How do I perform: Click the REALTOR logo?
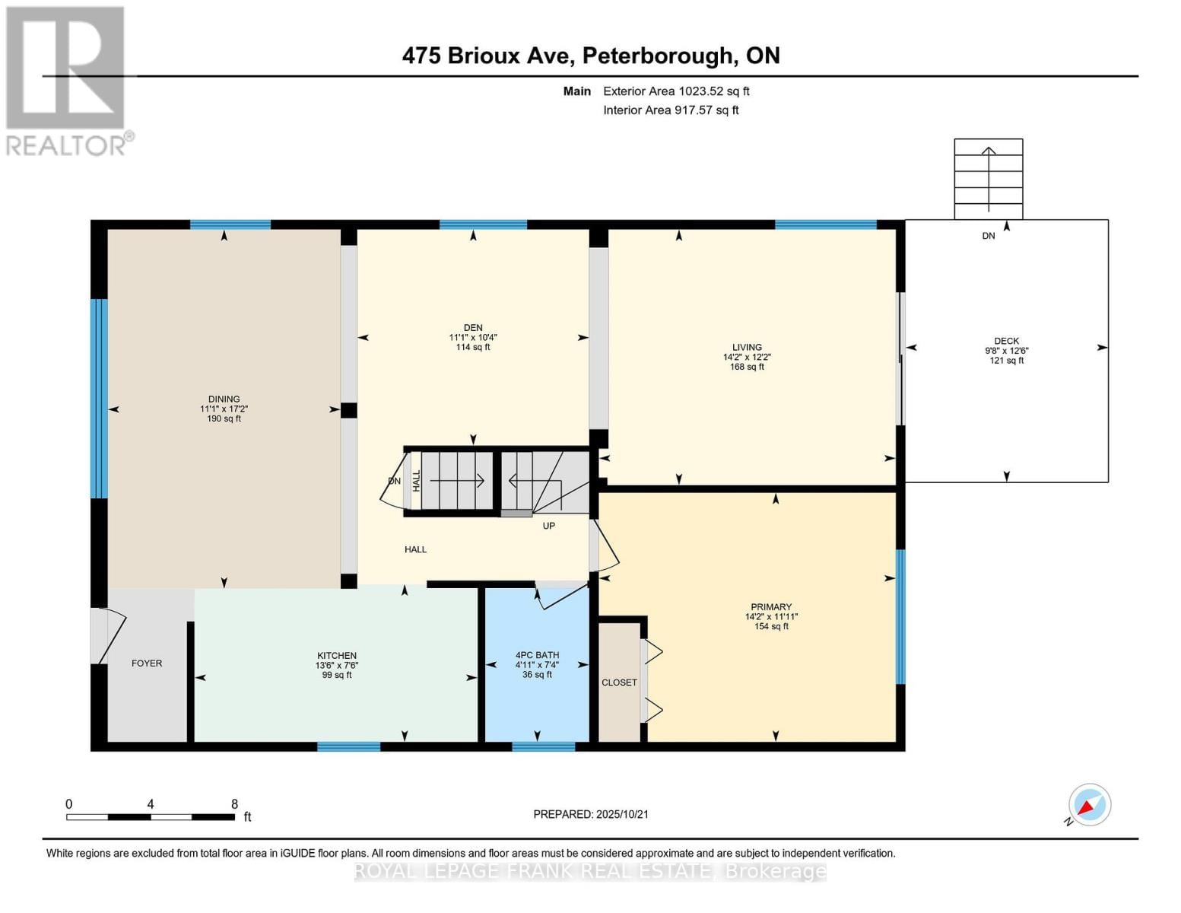pyautogui.click(x=66, y=80)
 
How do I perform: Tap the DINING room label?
pyautogui.click(x=224, y=399)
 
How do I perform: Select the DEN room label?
pyautogui.click(x=473, y=328)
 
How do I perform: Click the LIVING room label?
pyautogui.click(x=747, y=347)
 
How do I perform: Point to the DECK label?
pyautogui.click(x=1006, y=342)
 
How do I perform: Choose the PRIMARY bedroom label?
pyautogui.click(x=771, y=607)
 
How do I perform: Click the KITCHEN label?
pyautogui.click(x=337, y=656)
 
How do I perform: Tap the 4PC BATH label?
pyautogui.click(x=537, y=655)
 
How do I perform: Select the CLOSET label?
pyautogui.click(x=619, y=682)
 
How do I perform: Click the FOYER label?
pyautogui.click(x=147, y=663)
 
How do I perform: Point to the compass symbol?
pyautogui.click(x=1089, y=805)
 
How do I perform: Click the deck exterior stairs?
pyautogui.click(x=988, y=180)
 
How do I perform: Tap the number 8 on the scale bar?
pyautogui.click(x=234, y=804)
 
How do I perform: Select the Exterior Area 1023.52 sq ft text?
pyautogui.click(x=676, y=91)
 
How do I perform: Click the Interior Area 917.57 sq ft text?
pyautogui.click(x=671, y=110)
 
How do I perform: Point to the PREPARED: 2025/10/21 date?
pyautogui.click(x=591, y=814)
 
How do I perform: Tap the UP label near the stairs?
pyautogui.click(x=548, y=526)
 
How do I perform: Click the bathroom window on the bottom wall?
pyautogui.click(x=543, y=746)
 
